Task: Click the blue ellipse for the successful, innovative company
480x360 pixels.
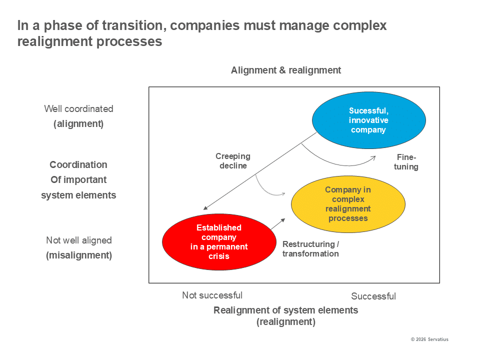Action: [x=368, y=120]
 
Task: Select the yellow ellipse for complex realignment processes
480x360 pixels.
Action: [x=348, y=204]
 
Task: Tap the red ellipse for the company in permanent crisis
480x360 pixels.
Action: [x=219, y=242]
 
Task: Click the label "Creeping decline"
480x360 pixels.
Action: [x=233, y=161]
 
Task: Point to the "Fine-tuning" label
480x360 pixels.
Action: [x=406, y=162]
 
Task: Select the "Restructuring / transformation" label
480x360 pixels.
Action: [x=310, y=249]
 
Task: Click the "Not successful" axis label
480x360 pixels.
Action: [x=212, y=295]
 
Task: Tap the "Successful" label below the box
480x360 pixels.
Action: [x=373, y=296]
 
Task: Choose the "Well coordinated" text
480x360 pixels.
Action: [x=78, y=108]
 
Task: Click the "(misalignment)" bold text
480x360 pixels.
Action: [x=79, y=255]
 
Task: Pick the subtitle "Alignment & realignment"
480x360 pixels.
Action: [x=286, y=70]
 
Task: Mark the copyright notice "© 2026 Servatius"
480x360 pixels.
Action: [x=429, y=339]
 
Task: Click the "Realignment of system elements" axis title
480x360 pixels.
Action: [x=286, y=310]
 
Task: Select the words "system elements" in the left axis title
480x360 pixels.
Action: [x=78, y=195]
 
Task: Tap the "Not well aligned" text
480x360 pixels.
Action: [x=79, y=240]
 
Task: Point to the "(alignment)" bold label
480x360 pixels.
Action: [x=78, y=124]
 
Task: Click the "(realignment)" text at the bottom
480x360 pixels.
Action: [x=286, y=322]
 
